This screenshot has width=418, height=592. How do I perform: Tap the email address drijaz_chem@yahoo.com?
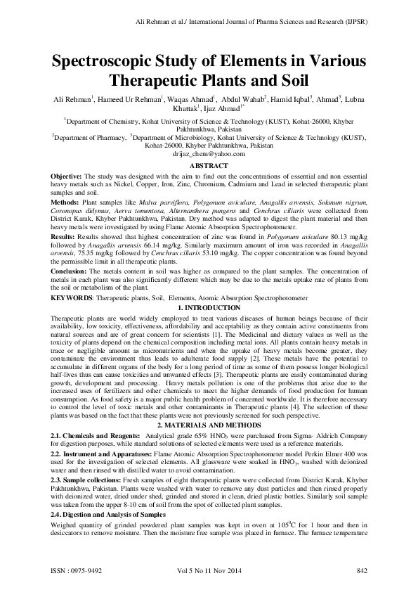(x=209, y=154)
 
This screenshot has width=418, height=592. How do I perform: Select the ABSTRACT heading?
(x=209, y=165)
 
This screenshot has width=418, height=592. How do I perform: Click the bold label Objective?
(x=67, y=174)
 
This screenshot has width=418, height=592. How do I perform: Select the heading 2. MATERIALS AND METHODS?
(x=209, y=425)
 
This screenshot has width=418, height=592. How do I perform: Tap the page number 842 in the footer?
(x=362, y=570)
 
